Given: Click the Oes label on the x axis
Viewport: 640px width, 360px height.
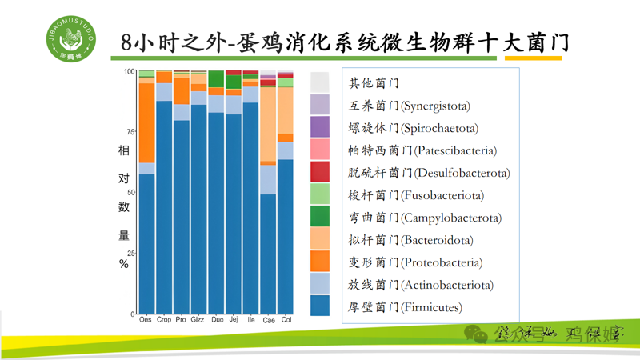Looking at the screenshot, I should pos(145,320).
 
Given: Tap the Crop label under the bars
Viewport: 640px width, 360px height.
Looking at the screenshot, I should pos(163,320).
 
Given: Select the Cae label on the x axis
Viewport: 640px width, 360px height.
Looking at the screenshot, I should pos(269,320).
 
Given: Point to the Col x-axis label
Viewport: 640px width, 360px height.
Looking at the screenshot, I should pos(286,320).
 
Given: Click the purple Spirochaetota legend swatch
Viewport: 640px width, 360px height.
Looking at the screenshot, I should pos(320,126).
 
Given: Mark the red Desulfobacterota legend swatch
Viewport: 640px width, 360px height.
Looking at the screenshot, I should pos(320,171).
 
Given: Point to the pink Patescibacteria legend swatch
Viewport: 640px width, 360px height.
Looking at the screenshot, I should pos(320,149).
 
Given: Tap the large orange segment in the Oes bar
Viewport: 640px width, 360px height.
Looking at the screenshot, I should pos(146,122).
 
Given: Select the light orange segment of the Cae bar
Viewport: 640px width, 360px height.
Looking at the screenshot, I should pos(269,124).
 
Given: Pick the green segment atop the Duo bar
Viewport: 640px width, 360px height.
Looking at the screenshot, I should pos(216,78).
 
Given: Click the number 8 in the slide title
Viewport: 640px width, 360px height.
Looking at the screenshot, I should pos(121,42).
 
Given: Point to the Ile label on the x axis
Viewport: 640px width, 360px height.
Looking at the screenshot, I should pos(251,320).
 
